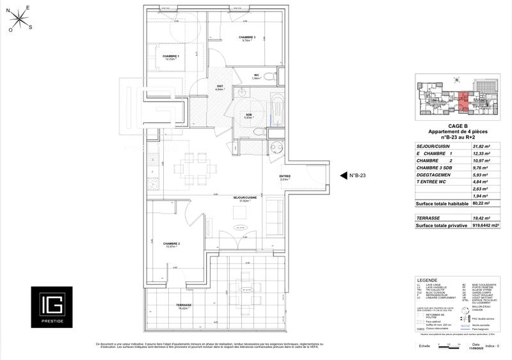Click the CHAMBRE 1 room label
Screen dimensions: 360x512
tap(170, 56)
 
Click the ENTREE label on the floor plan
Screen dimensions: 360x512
tap(285, 177)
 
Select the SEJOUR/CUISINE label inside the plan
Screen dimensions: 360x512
tap(245, 198)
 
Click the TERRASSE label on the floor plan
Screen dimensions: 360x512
tap(184, 306)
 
